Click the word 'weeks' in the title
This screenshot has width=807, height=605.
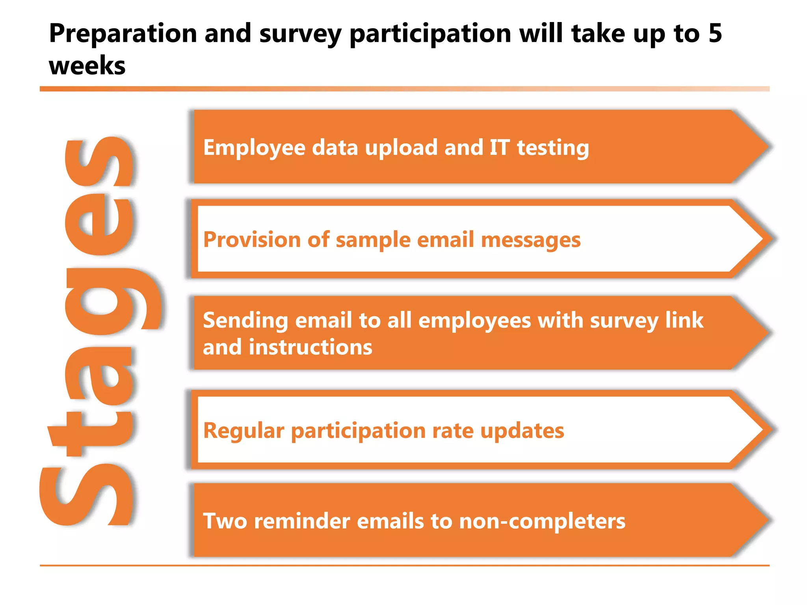click(87, 66)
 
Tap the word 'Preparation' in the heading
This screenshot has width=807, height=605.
click(123, 34)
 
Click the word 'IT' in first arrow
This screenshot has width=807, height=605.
click(499, 148)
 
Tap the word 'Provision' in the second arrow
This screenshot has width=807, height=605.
click(252, 240)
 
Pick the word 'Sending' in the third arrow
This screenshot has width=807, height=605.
click(245, 321)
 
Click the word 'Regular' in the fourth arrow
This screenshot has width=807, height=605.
click(244, 431)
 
